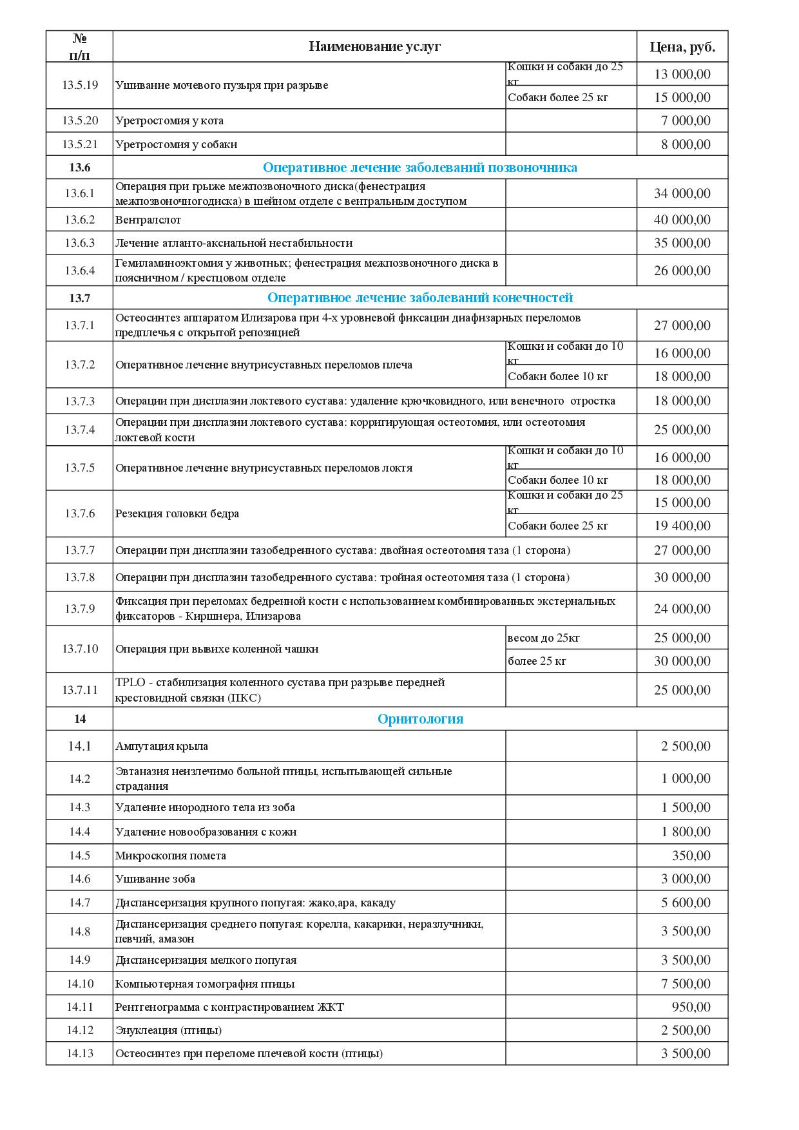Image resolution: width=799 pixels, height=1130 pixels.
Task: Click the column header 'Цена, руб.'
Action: pos(682,47)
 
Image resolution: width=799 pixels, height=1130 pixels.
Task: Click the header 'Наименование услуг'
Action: pos(374,46)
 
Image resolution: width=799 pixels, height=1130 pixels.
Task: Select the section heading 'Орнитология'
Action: pos(420,719)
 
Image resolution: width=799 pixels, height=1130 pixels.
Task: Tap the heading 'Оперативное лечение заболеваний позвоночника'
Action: pos(420,168)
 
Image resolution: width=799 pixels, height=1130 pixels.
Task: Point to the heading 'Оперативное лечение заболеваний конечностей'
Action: pos(420,298)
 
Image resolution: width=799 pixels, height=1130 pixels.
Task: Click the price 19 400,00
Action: pos(682,526)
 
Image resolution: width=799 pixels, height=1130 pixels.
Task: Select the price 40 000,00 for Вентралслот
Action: pos(682,220)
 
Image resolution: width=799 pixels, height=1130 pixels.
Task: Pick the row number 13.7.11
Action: pos(80,690)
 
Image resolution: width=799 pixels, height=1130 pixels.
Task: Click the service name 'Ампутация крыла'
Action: pos(162,747)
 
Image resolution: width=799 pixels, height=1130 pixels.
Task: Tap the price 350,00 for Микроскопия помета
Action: pos(691,856)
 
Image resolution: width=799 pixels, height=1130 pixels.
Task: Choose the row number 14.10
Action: pos(80,984)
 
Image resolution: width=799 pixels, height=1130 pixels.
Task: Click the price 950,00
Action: pos(691,1007)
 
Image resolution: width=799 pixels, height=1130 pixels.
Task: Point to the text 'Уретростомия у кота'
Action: pos(169,120)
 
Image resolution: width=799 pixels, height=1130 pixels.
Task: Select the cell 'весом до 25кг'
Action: pos(544,638)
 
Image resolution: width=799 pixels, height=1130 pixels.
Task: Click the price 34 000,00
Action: pos(682,193)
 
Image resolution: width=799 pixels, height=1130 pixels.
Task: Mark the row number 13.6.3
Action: pos(80,243)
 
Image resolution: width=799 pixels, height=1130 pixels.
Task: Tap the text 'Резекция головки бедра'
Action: pos(177,513)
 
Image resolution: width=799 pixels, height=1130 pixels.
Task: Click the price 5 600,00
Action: pos(686,903)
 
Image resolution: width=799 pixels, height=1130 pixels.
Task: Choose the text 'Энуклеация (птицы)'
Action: pos(169,1030)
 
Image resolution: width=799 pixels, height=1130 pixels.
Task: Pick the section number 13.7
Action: pos(80,298)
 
